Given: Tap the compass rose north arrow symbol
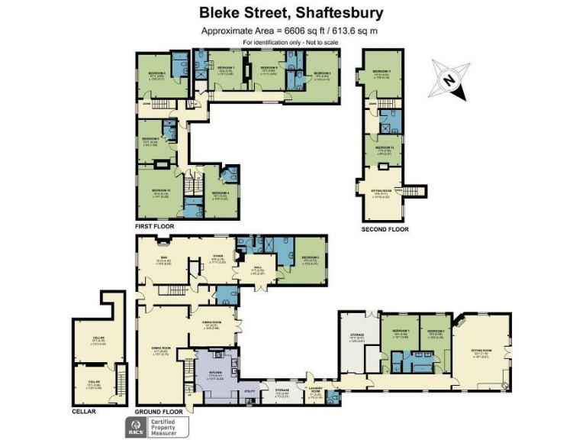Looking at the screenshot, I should pyautogui.click(x=449, y=79).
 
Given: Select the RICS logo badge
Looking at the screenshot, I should pyautogui.click(x=137, y=425).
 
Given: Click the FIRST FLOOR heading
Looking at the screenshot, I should pyautogui.click(x=154, y=227).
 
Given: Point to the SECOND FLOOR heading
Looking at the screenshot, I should pyautogui.click(x=385, y=228).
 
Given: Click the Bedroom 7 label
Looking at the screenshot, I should pyautogui.click(x=224, y=68).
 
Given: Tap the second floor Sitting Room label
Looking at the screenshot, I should pyautogui.click(x=382, y=192).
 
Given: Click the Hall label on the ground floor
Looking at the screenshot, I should pyautogui.click(x=258, y=267).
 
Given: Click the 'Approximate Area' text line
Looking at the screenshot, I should pyautogui.click(x=289, y=31).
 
